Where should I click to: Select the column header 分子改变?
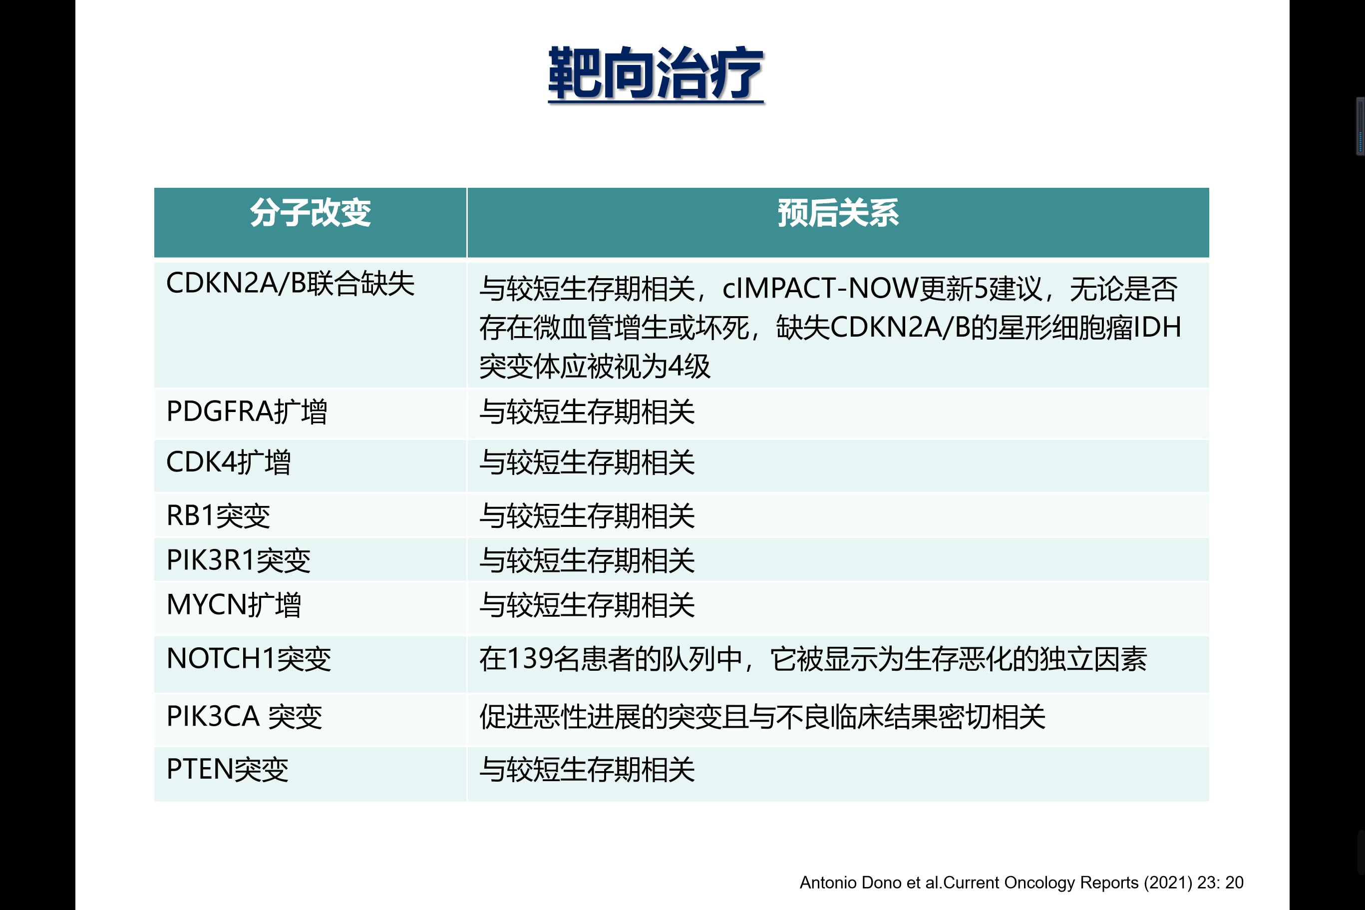(311, 212)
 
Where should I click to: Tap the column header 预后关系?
(838, 212)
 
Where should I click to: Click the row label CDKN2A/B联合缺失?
(290, 284)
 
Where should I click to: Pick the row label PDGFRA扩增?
(247, 412)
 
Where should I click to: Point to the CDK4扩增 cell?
(229, 462)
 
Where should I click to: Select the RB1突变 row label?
(218, 515)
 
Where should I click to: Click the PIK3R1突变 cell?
(239, 560)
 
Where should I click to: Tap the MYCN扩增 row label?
(234, 605)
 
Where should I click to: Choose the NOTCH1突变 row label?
(249, 659)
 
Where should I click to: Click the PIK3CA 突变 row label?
(244, 716)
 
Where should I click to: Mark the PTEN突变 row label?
(227, 770)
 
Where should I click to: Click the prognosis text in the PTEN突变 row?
(587, 770)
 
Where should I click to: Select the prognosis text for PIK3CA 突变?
(762, 717)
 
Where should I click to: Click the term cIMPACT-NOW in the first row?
(820, 289)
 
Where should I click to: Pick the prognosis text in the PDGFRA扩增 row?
(587, 412)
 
